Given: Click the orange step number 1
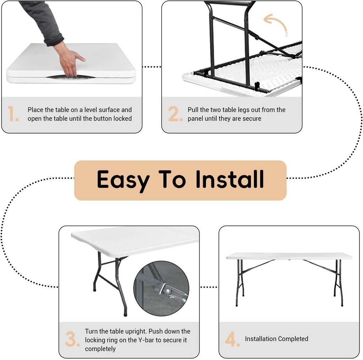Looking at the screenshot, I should coord(13,114).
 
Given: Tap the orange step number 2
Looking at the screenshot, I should coord(175,114).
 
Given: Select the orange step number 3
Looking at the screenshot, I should coord(72,339).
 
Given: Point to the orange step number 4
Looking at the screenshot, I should coord(233,339).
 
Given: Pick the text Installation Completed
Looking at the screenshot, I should coord(277,339).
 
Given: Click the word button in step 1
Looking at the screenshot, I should coord(102,119).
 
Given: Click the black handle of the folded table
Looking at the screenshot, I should coord(71,77).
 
